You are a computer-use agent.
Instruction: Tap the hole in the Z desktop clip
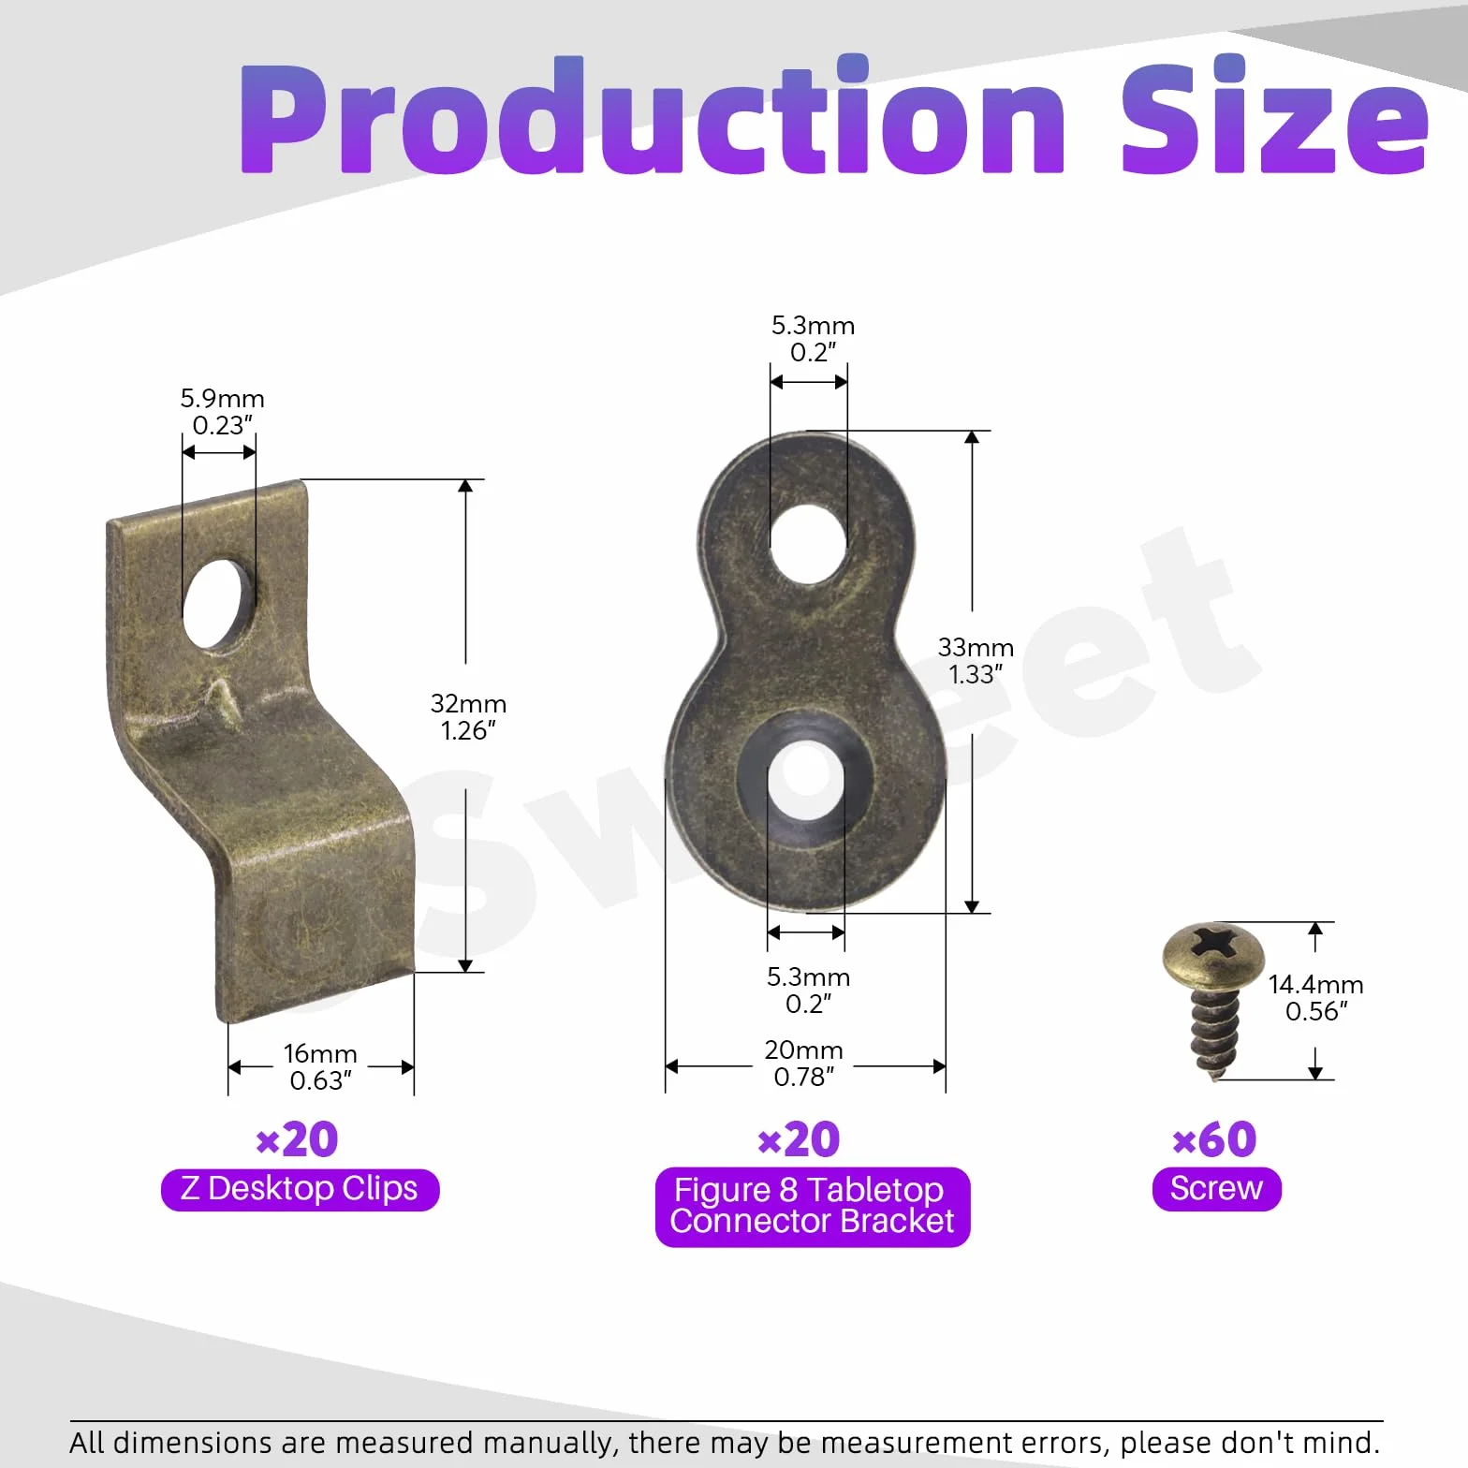coord(217,605)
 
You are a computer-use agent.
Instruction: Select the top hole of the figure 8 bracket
coord(808,544)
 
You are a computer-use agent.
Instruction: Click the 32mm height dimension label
coord(468,717)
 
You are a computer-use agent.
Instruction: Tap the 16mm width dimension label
coord(320,1067)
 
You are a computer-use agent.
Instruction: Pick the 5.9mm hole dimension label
coord(222,412)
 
